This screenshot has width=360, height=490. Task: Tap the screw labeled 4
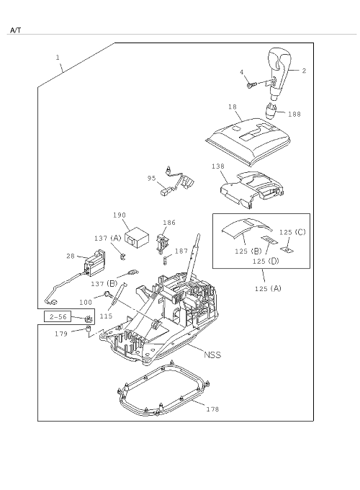tap(251, 85)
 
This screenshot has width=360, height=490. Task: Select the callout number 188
tap(294, 114)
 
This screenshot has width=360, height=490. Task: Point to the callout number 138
tap(218, 166)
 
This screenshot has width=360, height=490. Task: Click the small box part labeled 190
tap(137, 236)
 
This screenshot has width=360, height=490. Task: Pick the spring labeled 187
tap(166, 259)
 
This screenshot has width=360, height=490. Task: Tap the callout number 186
tap(169, 223)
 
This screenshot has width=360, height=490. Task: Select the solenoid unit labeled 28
tap(94, 263)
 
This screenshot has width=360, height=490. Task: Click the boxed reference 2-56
tap(58, 316)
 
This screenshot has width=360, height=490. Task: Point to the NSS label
tap(212, 355)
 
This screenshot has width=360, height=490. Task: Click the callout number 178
tap(212, 409)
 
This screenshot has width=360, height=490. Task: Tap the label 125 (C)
tap(292, 232)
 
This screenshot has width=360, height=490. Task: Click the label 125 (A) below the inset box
tap(268, 288)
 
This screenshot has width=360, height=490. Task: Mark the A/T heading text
tap(16, 30)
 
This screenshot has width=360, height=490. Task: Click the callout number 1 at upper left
tap(58, 58)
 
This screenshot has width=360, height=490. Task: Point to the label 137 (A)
tap(107, 238)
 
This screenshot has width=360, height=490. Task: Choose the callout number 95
tap(151, 178)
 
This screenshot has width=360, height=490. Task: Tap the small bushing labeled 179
tap(88, 328)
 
